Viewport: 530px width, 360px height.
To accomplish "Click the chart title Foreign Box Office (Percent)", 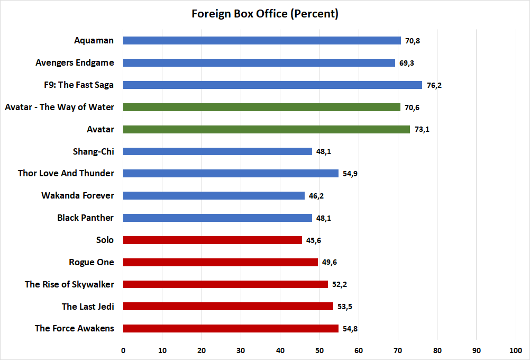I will [264, 14].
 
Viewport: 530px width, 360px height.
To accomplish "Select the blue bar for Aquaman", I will [262, 41].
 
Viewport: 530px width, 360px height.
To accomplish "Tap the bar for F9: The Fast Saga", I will [272, 85].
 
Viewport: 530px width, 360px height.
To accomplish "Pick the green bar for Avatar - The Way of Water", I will [261, 107].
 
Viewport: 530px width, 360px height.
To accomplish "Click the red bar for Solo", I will [212, 240].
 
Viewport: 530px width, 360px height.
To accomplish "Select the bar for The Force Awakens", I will [230, 328].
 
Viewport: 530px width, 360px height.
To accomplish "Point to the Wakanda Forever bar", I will [214, 195].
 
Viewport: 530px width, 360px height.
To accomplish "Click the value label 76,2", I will [434, 85].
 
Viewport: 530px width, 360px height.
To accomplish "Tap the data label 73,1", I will [422, 129].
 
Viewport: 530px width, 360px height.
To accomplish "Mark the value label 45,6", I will [314, 240].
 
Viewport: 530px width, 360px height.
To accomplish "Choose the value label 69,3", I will [407, 63].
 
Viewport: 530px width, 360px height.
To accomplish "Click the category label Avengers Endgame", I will [75, 62].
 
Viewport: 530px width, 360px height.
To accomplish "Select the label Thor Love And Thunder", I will [66, 173].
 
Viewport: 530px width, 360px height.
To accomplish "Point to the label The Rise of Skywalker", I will [69, 284].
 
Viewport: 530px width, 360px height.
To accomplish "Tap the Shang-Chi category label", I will [94, 151].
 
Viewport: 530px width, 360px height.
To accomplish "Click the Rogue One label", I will [92, 262].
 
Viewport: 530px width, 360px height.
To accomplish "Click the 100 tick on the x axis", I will [516, 350].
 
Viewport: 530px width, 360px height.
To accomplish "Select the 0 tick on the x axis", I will [123, 350].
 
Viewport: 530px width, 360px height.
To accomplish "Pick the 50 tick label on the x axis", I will [319, 350].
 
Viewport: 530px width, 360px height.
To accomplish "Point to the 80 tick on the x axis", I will [437, 350].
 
